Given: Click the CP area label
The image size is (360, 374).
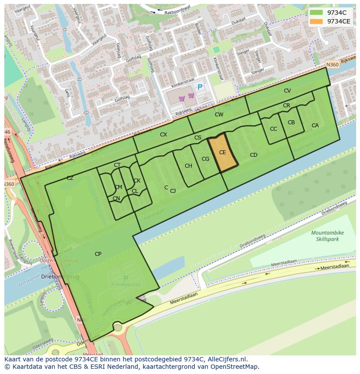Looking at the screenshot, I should click(x=98, y=254).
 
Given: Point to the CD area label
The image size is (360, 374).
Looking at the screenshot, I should click(x=253, y=155).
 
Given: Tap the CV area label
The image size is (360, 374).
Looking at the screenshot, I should click(x=287, y=91).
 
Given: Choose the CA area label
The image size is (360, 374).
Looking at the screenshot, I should click(x=315, y=126).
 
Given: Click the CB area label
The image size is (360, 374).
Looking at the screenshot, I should click(x=291, y=122).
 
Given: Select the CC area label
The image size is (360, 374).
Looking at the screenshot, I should click(x=273, y=129).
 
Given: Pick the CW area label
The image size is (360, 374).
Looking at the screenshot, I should click(x=219, y=115).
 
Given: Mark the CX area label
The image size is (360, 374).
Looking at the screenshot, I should click(x=163, y=135).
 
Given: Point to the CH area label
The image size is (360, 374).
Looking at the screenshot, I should click(x=188, y=166).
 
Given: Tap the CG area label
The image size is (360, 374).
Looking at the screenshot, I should click(x=205, y=159).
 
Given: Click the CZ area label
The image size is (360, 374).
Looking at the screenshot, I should click(x=70, y=178).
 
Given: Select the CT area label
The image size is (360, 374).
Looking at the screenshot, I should click(x=117, y=165).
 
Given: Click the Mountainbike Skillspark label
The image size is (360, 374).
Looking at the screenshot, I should click(x=327, y=236).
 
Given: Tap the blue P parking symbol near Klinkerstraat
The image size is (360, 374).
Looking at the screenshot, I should click(x=200, y=87).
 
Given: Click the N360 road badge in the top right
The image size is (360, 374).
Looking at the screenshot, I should click(x=332, y=64).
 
